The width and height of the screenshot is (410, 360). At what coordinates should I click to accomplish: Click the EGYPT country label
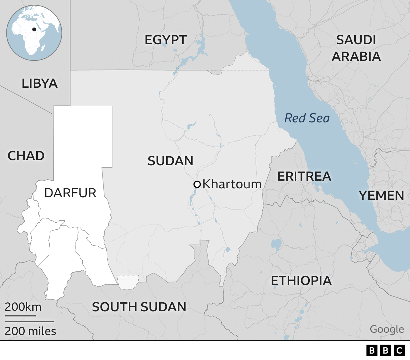pos(166,40)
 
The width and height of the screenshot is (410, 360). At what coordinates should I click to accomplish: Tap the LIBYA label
pos(39,84)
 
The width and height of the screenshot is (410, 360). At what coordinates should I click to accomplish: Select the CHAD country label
pos(26,156)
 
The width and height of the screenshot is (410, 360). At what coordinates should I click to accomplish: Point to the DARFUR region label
pos(70,193)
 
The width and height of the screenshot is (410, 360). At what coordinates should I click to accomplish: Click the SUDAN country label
pos(170,161)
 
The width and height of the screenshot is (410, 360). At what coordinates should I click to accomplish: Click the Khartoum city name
pos(232,184)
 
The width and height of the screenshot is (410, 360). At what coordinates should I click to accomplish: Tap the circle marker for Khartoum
pos(197,184)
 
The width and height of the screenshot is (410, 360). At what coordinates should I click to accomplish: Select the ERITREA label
pos(304,176)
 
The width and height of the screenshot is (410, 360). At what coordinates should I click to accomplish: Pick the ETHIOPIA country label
pos(301,281)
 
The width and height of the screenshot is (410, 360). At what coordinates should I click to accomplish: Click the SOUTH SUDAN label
pos(139,307)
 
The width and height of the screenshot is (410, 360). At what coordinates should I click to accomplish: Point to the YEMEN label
pos(381,195)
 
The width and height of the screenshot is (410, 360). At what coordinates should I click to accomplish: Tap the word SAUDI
pos(356,40)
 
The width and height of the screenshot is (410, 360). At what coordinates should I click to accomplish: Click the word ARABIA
pos(356,57)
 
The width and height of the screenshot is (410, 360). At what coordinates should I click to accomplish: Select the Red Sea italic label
pos(307,118)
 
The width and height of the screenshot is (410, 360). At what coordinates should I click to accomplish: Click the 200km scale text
pos(23,307)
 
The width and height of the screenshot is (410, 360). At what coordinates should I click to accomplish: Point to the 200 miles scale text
pos(30,331)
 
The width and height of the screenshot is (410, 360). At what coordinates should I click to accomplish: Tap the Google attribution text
pos(387,329)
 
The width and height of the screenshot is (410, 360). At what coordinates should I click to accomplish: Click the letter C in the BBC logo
pos(399,350)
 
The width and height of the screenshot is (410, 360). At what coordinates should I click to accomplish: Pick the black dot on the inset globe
pos(34,29)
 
